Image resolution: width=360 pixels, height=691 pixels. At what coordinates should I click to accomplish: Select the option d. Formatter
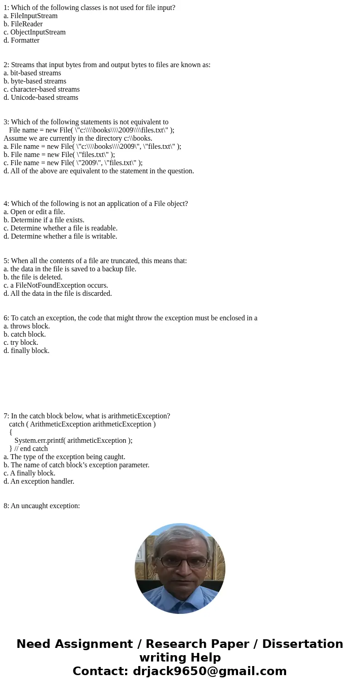pos(21,40)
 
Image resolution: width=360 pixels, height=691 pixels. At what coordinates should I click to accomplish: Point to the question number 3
pos(6,122)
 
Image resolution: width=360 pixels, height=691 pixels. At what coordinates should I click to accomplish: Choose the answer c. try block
pos(21,343)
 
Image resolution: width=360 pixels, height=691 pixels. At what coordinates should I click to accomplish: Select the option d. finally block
pos(26,351)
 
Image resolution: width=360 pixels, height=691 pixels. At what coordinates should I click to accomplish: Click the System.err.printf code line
pos(73,441)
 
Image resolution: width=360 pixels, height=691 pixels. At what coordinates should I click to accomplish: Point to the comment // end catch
pos(31,449)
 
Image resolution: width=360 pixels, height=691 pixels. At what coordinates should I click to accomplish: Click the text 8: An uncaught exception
pos(42,506)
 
